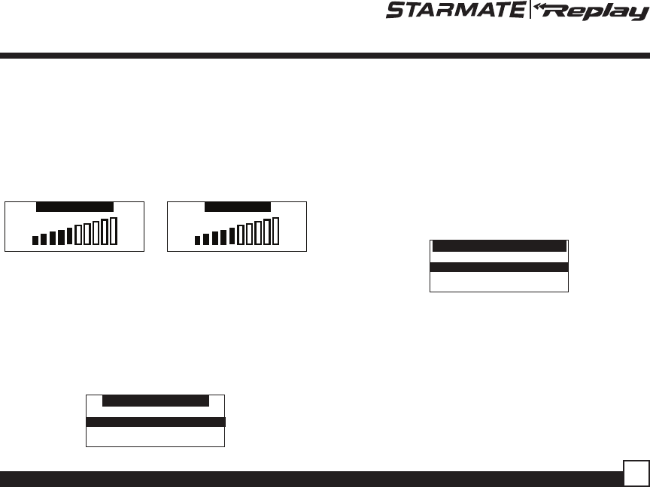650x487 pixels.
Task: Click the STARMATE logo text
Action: pyautogui.click(x=456, y=10)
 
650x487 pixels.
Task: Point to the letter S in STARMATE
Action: pyautogui.click(x=395, y=10)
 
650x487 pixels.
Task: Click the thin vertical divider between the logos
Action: pyautogui.click(x=530, y=10)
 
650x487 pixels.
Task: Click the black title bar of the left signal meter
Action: pyautogui.click(x=74, y=207)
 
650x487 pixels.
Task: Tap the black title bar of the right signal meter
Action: pyautogui.click(x=238, y=207)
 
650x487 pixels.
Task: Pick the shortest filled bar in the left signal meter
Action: pyautogui.click(x=35, y=240)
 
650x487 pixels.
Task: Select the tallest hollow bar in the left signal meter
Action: pyautogui.click(x=113, y=231)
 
